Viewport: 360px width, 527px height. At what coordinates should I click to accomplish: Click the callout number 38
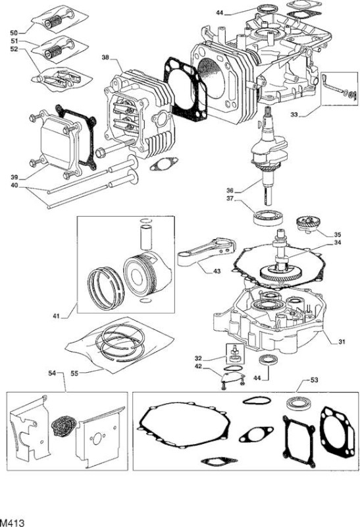[x=105, y=57]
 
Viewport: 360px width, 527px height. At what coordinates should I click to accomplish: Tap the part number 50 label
[x=14, y=32]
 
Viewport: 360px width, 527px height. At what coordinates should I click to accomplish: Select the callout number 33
[x=294, y=115]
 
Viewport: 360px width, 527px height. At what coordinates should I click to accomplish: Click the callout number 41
[x=57, y=316]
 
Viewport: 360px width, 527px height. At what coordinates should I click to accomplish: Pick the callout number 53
[x=314, y=380]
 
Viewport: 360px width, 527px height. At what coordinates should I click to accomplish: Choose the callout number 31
[x=342, y=342]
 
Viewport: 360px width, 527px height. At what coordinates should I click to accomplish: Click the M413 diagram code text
[x=13, y=522]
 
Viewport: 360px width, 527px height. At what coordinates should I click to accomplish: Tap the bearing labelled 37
[x=268, y=217]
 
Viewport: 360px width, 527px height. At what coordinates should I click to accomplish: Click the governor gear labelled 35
[x=308, y=224]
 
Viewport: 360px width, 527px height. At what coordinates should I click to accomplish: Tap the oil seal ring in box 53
[x=300, y=404]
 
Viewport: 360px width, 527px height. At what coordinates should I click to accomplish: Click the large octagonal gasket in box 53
[x=184, y=426]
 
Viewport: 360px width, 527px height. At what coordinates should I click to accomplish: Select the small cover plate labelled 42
[x=232, y=376]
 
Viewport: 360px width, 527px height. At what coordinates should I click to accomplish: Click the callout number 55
[x=74, y=374]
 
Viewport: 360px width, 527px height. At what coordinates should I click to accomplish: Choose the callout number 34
[x=337, y=242]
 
